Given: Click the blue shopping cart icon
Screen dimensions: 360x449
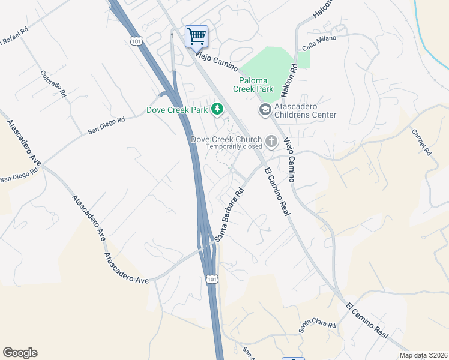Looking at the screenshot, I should click(x=196, y=36).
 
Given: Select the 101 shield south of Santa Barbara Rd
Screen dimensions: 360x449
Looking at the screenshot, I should click(x=211, y=279).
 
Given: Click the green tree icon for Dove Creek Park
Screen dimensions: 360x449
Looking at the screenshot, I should click(x=217, y=109).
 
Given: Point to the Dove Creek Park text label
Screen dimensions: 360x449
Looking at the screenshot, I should click(x=176, y=110).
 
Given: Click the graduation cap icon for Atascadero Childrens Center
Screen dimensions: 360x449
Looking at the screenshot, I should click(x=264, y=109).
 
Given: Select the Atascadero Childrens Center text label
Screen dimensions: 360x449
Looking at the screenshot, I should click(x=305, y=110).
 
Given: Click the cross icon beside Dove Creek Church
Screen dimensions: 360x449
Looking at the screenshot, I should click(x=271, y=142).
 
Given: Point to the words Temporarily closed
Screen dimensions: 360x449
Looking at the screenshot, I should click(x=234, y=146).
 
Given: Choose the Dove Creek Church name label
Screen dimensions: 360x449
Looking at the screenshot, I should click(x=226, y=139).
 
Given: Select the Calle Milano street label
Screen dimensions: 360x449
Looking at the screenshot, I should click(x=319, y=42).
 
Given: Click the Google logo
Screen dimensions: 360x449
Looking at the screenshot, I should click(x=20, y=353).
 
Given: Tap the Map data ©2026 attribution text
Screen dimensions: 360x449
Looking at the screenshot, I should click(x=423, y=355).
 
